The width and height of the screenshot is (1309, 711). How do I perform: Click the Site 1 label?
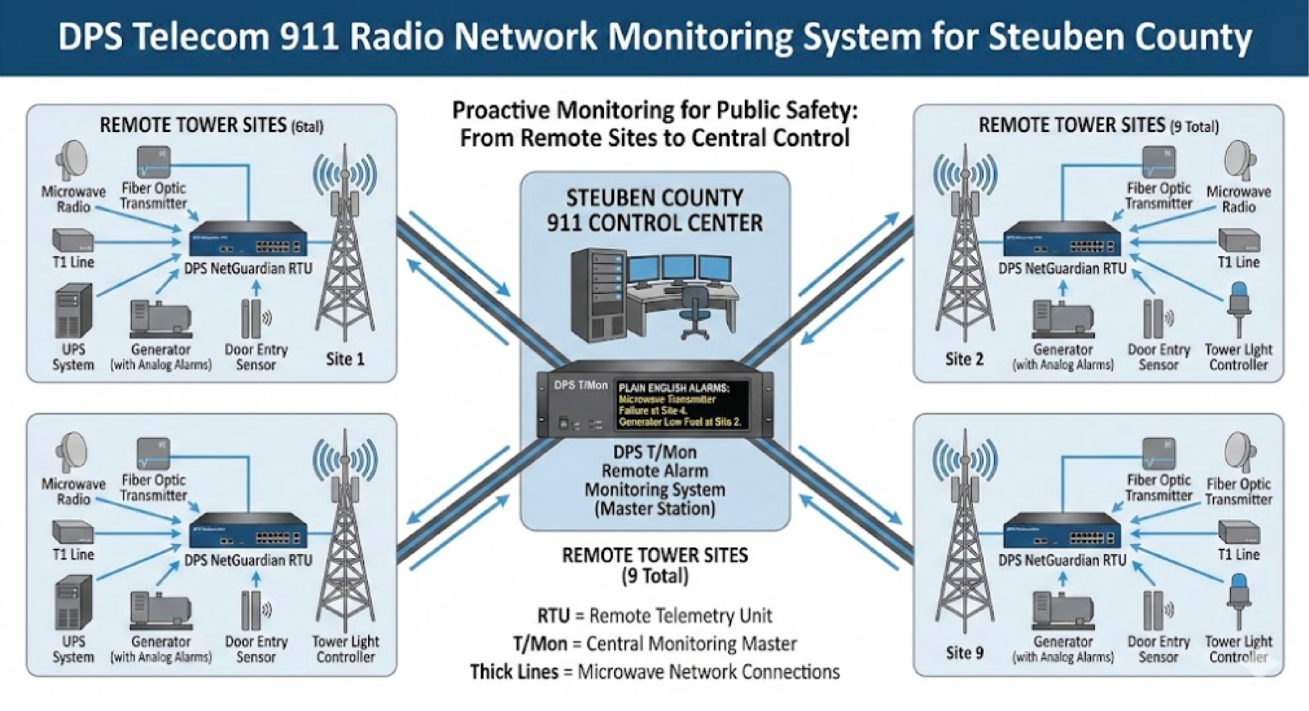tap(345, 360)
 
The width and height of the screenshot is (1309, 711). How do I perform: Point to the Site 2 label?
tap(964, 360)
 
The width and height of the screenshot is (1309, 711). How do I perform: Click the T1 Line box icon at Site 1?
tap(73, 240)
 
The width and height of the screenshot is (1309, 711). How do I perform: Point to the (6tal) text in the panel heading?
tap(307, 127)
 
